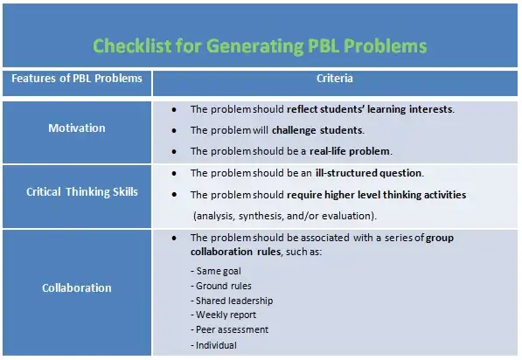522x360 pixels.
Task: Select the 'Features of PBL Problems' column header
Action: (76, 80)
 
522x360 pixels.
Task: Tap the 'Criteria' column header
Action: (335, 80)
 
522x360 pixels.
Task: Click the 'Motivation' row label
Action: (76, 129)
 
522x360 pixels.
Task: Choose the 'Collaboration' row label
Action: (76, 287)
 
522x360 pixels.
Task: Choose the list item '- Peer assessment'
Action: (230, 329)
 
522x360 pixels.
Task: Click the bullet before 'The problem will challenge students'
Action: (175, 130)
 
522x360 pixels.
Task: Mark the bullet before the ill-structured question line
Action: (175, 173)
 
